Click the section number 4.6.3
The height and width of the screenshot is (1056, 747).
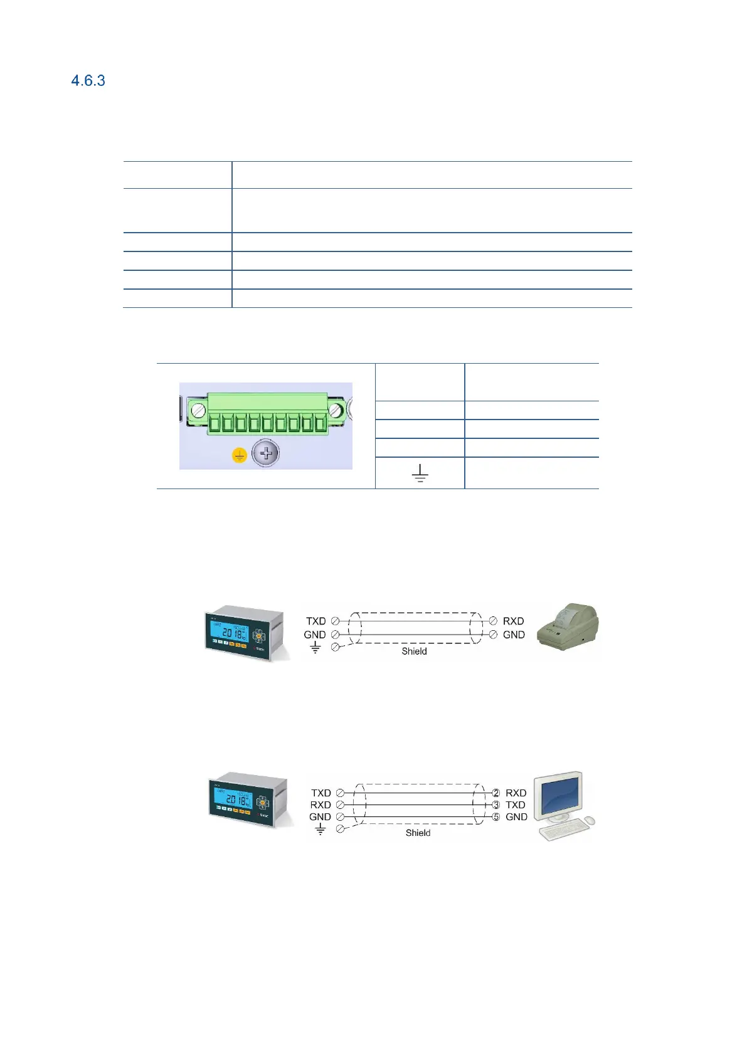tap(88, 80)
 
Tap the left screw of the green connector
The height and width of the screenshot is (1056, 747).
tap(198, 411)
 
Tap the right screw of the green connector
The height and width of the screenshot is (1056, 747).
tap(336, 410)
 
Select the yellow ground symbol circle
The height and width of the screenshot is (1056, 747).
tap(240, 455)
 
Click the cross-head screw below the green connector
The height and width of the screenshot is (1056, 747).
tap(266, 453)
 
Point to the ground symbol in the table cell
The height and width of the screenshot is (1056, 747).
tap(420, 473)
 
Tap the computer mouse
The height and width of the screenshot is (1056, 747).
tap(588, 821)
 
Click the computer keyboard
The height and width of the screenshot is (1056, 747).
tap(563, 830)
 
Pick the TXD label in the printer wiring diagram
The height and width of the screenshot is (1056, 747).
tap(315, 621)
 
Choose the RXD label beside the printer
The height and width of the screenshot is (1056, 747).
tap(513, 621)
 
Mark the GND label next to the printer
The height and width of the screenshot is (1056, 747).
tap(514, 635)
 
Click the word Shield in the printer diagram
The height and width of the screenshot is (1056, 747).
tap(414, 651)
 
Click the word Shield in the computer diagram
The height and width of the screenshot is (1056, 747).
tap(418, 833)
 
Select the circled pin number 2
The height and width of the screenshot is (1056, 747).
tap(495, 793)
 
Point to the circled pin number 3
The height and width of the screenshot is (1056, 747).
tap(495, 805)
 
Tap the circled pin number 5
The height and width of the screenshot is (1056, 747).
tap(495, 817)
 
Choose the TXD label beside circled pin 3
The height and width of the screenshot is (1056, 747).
tap(516, 805)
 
